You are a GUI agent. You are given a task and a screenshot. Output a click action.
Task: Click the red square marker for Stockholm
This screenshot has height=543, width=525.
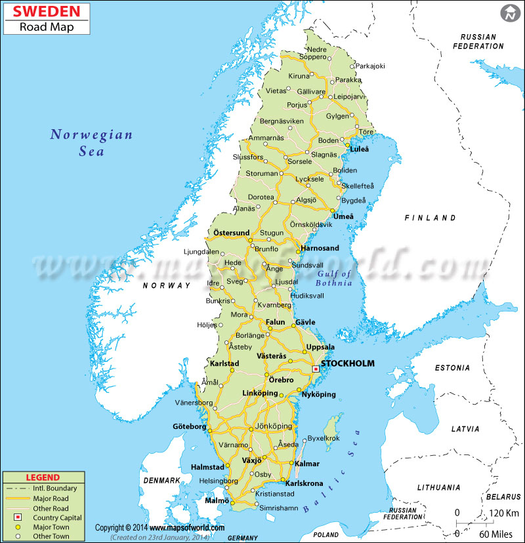[316, 369]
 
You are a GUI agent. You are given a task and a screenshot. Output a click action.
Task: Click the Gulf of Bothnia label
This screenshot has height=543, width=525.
[334, 278]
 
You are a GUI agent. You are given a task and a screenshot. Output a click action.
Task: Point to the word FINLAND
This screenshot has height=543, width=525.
[430, 218]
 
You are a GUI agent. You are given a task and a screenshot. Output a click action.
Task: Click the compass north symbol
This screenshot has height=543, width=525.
[509, 12]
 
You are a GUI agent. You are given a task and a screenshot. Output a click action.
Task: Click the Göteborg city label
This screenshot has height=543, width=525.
[189, 426]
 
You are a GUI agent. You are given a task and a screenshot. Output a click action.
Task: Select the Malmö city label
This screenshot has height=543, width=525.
[217, 500]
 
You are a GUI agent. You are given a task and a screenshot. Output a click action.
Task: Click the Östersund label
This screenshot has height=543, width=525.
[231, 233]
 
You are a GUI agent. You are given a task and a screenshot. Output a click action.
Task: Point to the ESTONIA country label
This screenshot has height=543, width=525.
[452, 368]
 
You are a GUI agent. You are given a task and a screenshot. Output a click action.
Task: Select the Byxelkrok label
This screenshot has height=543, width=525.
[324, 438]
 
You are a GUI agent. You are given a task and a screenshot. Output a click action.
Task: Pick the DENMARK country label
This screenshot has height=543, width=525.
[161, 481]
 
